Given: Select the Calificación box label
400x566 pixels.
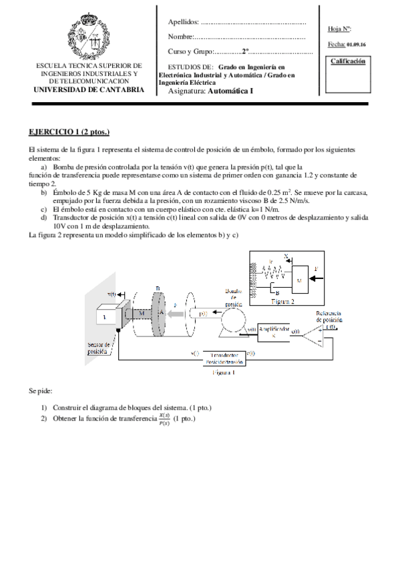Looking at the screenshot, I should tap(347, 61).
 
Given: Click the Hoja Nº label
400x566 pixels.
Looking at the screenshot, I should tap(339, 29).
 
